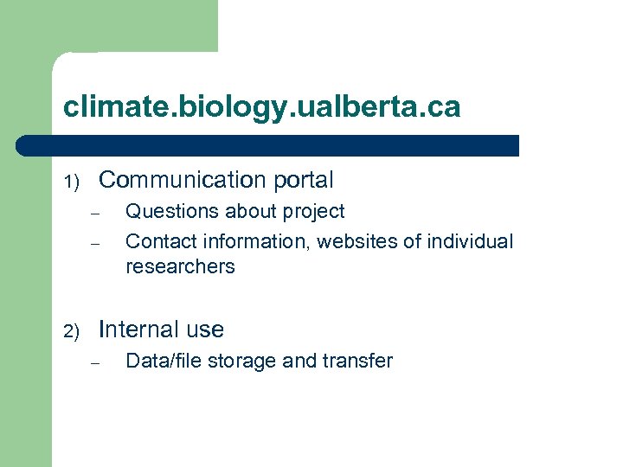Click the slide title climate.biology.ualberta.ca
pos(261,107)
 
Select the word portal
pos(303,181)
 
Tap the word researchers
pos(180,266)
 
